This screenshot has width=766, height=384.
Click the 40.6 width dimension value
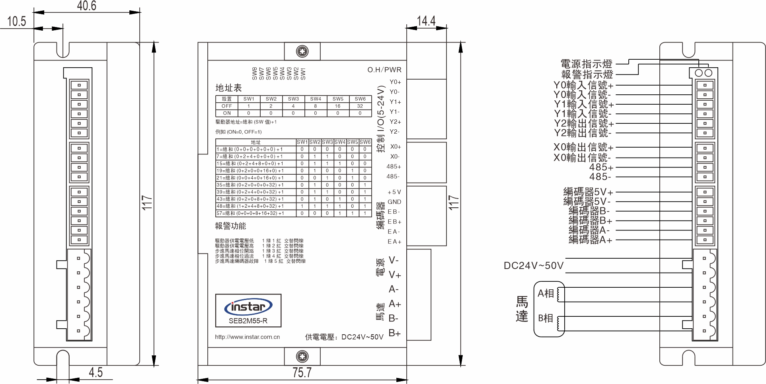86,6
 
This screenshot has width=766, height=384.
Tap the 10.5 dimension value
16,21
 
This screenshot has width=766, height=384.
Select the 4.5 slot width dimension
96,372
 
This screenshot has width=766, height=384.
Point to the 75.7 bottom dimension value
302,372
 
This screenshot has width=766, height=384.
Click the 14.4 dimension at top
426,21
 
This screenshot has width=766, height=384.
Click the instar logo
248,307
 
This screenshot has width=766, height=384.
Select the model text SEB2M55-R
248,321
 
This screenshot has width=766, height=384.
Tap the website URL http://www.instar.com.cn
247,337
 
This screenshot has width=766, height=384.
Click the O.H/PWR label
384,70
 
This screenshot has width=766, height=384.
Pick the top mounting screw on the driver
302,51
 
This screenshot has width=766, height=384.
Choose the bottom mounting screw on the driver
302,356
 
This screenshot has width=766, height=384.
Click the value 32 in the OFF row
360,106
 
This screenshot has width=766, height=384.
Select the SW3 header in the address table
293,99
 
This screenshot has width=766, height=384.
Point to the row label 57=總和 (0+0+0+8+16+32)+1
250,213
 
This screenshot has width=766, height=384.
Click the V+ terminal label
395,275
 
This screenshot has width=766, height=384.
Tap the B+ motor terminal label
394,333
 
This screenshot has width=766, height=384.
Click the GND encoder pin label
394,202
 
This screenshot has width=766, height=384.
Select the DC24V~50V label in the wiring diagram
534,266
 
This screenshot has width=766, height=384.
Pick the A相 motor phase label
546,294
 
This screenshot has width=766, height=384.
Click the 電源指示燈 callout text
587,64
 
